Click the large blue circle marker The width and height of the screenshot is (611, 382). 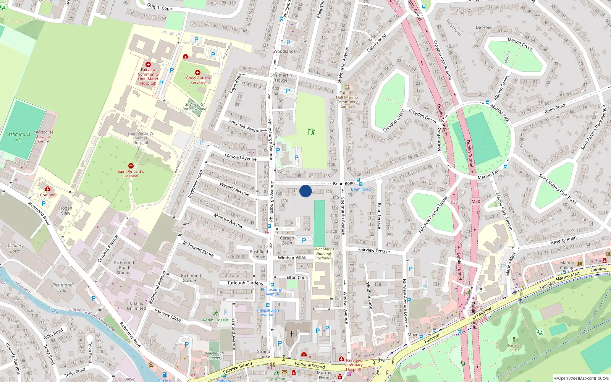305,191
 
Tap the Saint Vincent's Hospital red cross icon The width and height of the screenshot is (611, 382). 131,166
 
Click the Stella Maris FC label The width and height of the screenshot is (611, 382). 18,137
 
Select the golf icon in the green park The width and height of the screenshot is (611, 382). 312,132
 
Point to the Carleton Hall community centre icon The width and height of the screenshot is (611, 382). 347,87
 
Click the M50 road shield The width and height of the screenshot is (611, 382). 475,201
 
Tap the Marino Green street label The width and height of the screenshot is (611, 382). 520,44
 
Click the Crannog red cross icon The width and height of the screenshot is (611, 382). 48,189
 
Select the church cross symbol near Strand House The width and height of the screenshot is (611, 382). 292,334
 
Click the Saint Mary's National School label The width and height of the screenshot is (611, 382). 323,254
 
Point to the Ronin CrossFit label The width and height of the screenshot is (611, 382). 215,320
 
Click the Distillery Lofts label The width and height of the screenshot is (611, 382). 15,248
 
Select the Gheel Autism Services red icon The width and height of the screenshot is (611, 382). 197,72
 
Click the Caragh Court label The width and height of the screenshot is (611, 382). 287,240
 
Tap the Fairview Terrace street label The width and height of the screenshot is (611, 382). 374,251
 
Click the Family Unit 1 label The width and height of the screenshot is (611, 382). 514,348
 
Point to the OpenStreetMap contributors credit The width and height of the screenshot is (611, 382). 581,378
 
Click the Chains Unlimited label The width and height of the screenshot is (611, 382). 136,306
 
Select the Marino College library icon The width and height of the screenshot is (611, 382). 580,264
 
